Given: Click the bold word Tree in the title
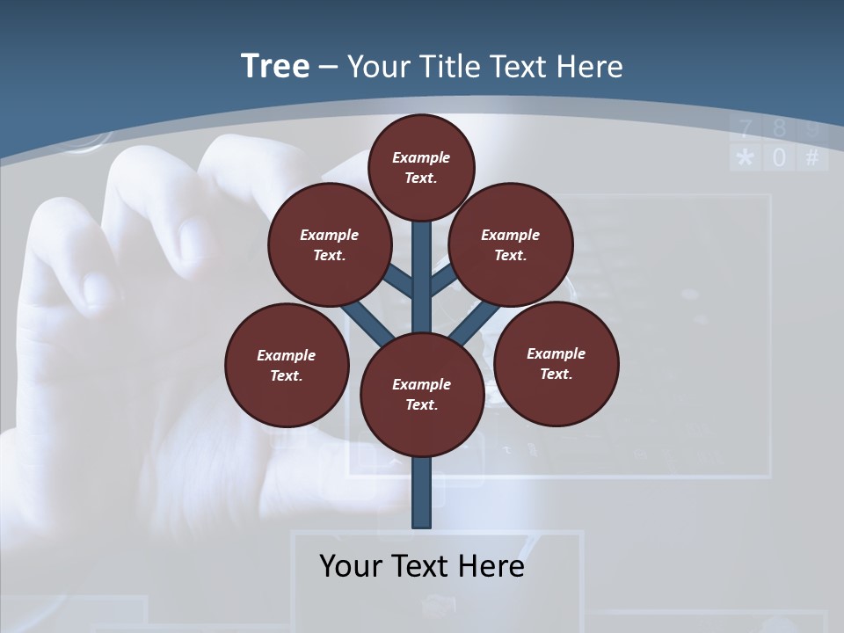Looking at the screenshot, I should [275, 66].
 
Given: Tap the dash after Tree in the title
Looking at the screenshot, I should [328, 68].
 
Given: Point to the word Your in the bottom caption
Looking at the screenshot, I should [351, 565].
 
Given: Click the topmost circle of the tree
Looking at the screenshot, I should [421, 167].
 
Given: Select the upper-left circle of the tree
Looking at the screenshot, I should [330, 244].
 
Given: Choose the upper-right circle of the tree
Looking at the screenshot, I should [511, 244].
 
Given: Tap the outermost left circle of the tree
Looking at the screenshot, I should [287, 365].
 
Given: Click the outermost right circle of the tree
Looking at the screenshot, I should [556, 363].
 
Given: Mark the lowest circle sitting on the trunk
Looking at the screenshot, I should [422, 394].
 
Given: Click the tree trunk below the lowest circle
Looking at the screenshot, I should [422, 492].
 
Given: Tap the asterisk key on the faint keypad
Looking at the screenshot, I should [746, 158].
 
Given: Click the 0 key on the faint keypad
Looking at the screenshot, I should [778, 158].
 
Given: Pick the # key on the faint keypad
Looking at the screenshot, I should [811, 158].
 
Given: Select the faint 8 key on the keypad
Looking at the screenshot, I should [779, 129].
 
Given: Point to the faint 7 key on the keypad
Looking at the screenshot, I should [746, 129].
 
